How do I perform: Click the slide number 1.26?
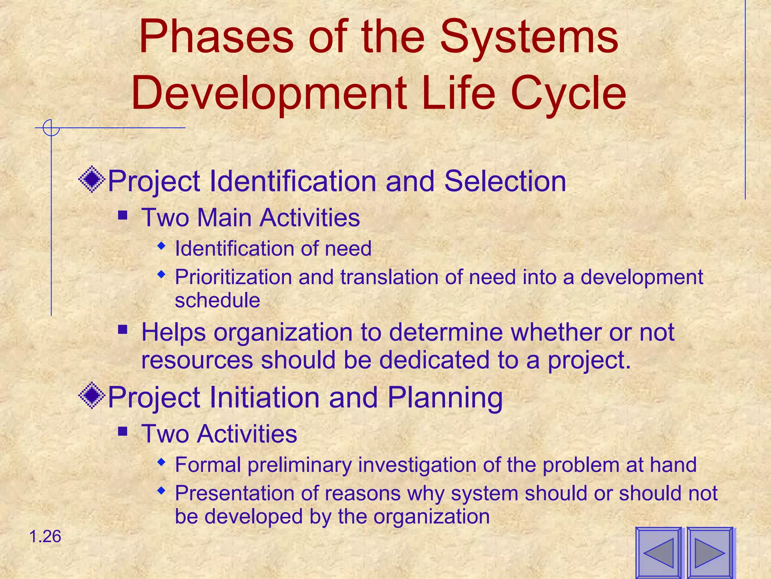coord(45,536)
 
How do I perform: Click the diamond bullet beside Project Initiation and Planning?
coord(92,396)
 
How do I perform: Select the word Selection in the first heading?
coord(505,181)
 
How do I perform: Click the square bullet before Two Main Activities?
coord(123,216)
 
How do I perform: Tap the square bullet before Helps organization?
coord(123,330)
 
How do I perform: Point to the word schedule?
coord(217,300)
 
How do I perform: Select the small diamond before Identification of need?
coord(162,247)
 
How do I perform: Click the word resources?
coord(197,360)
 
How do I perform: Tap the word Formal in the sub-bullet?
coord(208,464)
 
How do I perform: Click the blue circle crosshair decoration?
coord(51,128)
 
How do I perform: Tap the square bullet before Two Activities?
coord(123,432)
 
